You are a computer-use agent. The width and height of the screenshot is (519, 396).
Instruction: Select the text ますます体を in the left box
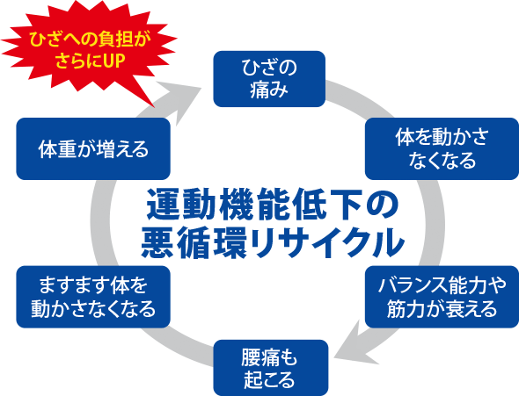[x=93, y=285]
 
